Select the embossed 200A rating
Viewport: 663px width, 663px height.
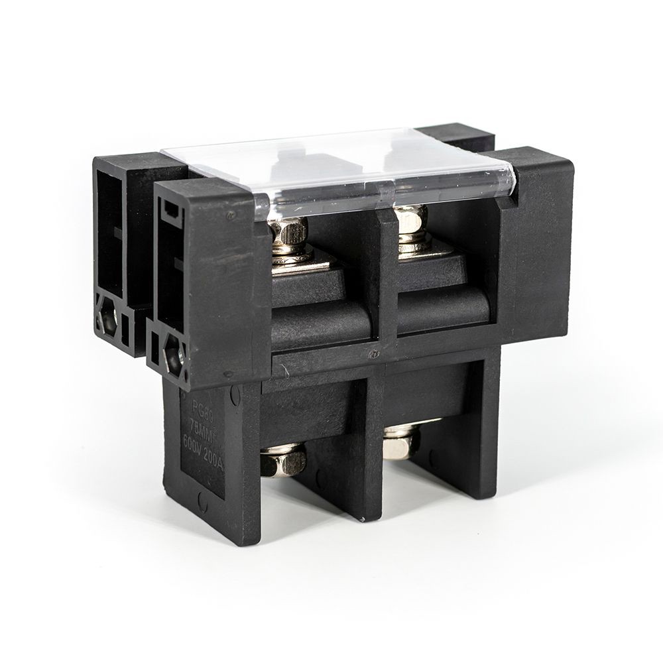pos(213,463)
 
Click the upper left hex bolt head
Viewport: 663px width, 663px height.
pos(288,231)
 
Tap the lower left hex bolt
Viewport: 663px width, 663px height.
pos(283,459)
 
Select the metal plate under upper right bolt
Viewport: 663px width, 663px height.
pos(424,249)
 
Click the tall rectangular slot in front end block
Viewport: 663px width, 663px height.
pos(169,265)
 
